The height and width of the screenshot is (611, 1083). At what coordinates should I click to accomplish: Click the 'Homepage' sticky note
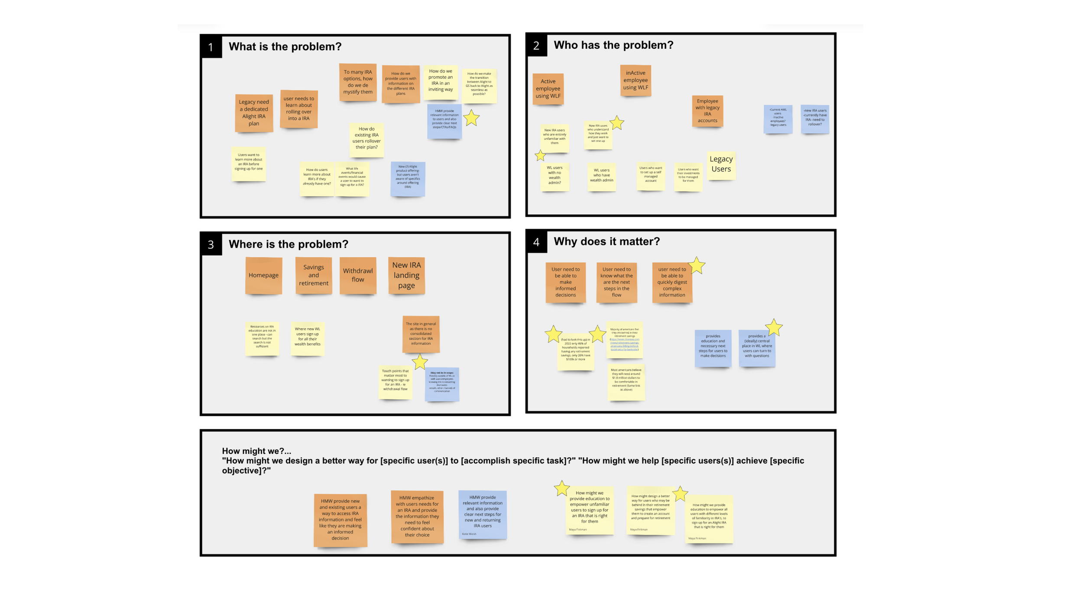263,275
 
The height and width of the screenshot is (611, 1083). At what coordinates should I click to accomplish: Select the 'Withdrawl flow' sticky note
357,275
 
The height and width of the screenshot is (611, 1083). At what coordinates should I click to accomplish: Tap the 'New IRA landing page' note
406,275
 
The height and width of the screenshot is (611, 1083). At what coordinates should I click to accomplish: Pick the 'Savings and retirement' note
313,275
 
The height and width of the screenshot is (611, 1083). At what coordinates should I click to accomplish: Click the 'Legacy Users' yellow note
721,164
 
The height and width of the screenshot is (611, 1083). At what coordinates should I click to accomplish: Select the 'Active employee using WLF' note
548,89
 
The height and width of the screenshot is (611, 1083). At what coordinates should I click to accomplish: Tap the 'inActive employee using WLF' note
636,80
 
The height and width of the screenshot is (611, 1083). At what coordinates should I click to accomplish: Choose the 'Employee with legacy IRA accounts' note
707,111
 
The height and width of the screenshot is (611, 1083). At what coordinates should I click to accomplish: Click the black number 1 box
211,47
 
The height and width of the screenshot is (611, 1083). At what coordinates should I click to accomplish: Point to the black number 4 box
536,242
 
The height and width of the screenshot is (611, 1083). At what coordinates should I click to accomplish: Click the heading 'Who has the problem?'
613,45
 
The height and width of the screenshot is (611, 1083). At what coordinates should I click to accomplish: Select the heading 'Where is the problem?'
288,244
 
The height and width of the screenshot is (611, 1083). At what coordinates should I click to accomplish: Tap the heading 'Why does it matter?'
606,241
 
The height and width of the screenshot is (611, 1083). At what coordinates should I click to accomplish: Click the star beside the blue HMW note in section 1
471,118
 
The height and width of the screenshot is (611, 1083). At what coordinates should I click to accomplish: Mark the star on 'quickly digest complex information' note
697,266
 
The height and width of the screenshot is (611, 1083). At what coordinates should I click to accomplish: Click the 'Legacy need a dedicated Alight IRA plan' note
254,113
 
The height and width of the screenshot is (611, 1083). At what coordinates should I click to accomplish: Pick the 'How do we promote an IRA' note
441,80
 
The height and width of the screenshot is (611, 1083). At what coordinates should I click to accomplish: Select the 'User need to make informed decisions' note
565,282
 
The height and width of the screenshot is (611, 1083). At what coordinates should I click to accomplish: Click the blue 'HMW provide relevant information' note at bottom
483,514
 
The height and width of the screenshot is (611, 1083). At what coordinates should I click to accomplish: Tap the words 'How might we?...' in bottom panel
256,451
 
